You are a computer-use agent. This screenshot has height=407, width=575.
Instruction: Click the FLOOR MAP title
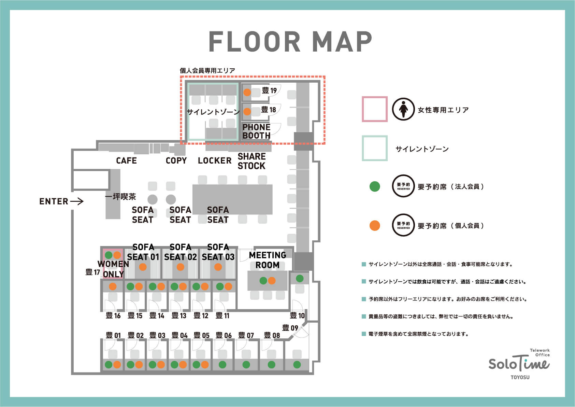tap(290, 41)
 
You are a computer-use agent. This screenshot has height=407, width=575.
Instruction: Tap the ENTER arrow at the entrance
tap(77, 201)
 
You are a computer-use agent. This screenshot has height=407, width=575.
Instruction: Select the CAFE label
tap(126, 160)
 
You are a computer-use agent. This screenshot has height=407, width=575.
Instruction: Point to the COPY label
tap(176, 160)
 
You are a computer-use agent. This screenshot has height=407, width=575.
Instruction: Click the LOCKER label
tap(215, 160)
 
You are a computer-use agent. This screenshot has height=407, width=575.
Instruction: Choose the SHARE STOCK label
tap(251, 161)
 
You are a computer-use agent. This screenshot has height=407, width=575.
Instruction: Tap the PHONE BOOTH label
tap(256, 131)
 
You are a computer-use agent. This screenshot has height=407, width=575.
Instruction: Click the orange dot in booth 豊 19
tap(247, 92)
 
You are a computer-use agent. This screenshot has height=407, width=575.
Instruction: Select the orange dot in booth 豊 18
tap(247, 111)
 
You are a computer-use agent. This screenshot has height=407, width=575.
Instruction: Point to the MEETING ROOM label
tap(268, 260)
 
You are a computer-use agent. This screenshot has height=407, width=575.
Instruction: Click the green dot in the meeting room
tap(263, 281)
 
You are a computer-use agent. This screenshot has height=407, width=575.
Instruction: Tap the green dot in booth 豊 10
tap(300, 278)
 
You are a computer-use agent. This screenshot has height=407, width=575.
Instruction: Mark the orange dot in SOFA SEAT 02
tap(181, 267)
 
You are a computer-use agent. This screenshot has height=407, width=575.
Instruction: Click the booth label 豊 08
tap(272, 335)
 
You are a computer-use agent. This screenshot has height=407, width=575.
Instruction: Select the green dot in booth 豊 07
tap(246, 364)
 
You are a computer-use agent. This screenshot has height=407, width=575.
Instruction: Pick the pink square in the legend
tap(375, 109)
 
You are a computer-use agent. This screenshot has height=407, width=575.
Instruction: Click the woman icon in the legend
tap(403, 109)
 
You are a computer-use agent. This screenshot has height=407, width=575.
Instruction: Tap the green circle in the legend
tap(375, 186)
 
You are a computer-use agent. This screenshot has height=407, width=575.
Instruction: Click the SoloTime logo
tap(519, 364)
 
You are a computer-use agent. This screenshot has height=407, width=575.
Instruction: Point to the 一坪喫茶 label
tap(120, 197)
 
